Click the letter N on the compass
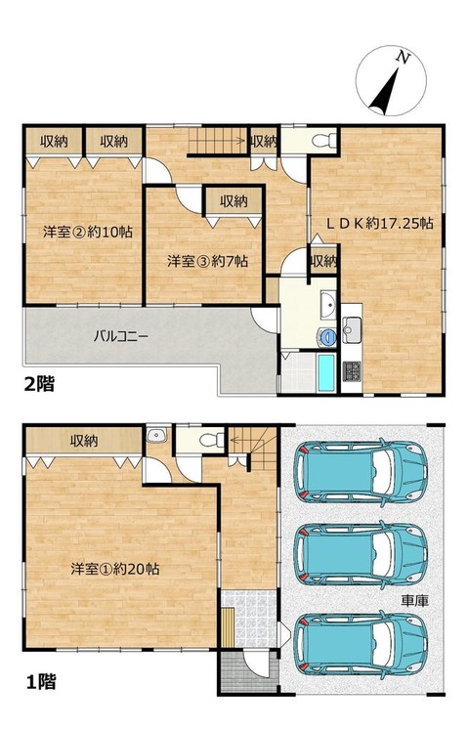click(403, 58)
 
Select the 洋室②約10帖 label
click(88, 232)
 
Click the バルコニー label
click(121, 335)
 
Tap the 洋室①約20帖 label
click(115, 569)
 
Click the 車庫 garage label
click(414, 601)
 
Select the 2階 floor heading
click(40, 384)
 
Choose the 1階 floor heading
click(40, 682)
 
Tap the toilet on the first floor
click(211, 440)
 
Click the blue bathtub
click(326, 373)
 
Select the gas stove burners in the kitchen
click(352, 371)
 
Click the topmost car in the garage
click(361, 471)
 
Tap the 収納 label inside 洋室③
click(234, 201)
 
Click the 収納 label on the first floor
click(84, 441)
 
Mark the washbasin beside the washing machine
click(329, 306)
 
